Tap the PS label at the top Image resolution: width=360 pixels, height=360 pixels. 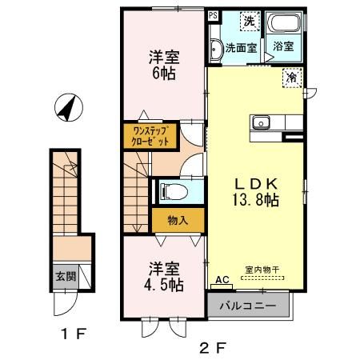click(213, 15)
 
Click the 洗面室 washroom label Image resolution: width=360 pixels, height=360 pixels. click(241, 47)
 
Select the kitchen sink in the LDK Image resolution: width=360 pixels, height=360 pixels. click(262, 122)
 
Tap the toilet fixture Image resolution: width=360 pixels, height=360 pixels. click(171, 190)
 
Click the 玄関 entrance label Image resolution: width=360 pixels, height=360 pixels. click(65, 277)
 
